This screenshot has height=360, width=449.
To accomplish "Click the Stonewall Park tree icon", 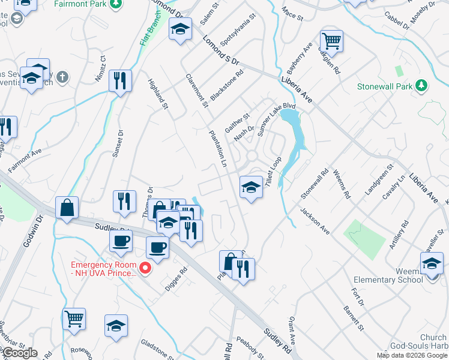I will (x=422, y=86).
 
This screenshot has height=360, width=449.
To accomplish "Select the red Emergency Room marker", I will (x=144, y=268).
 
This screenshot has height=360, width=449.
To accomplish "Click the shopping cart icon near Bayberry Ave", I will (x=331, y=41).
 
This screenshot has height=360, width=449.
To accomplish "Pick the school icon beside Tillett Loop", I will (x=251, y=188).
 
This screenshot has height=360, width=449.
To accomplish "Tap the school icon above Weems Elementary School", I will (x=432, y=263).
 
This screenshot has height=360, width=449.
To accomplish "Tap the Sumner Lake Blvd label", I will (x=268, y=120).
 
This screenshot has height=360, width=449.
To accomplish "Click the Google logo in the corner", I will (x=19, y=353).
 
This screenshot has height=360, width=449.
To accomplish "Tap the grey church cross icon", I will (x=63, y=77).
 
